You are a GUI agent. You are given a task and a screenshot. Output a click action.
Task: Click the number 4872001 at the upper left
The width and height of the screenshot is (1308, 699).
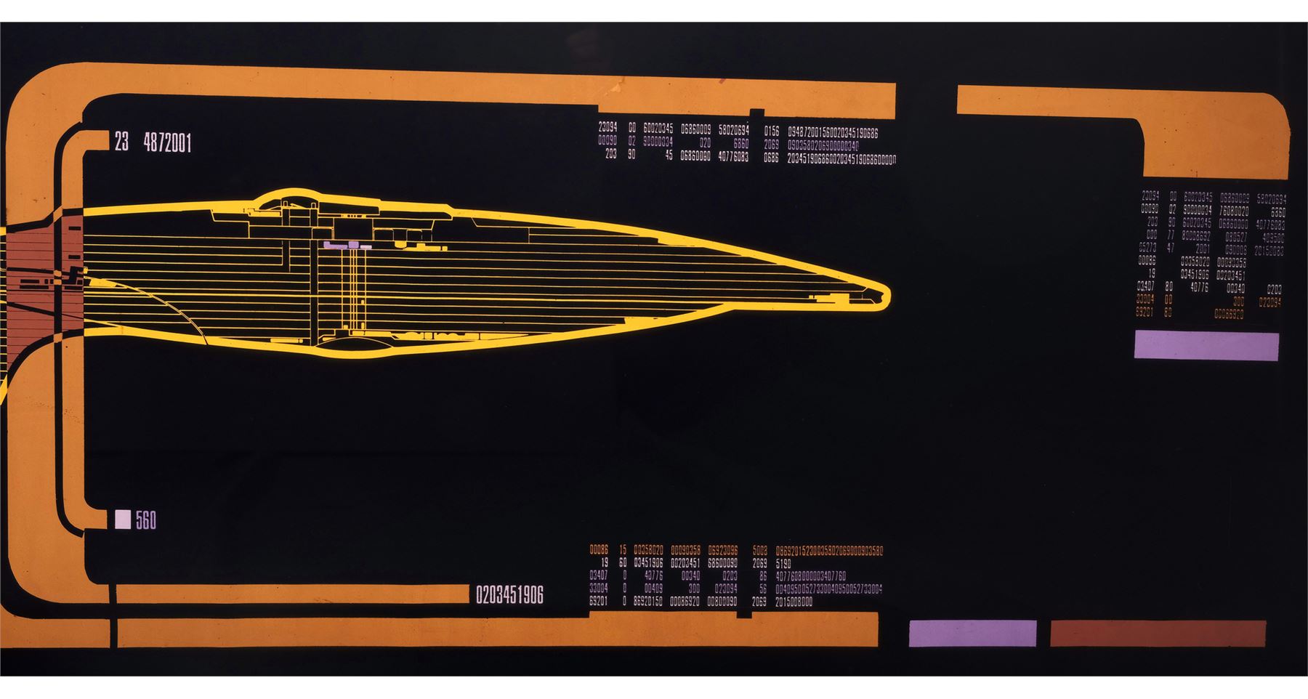click(x=167, y=142)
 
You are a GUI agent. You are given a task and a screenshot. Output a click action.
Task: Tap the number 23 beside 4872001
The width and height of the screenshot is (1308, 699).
click(x=121, y=142)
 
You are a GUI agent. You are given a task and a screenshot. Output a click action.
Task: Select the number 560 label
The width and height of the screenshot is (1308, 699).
click(x=145, y=520)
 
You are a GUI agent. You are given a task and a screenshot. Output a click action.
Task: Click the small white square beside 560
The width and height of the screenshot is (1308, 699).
click(x=123, y=520)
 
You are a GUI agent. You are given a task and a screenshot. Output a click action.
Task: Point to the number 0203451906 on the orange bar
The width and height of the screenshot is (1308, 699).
click(x=509, y=595)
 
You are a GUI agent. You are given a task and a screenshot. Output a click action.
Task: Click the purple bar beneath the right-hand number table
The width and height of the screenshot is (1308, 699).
click(x=1206, y=346)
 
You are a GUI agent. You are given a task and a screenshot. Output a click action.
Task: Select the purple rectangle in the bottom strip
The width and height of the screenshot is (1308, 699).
click(x=972, y=633)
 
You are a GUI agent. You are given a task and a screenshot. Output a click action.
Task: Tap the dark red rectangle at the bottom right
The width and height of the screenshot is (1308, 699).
click(x=1158, y=633)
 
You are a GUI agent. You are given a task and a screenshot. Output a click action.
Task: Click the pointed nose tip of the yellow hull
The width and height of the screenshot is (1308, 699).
click(x=885, y=295)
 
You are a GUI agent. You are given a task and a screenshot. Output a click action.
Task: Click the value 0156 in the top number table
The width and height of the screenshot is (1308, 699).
click(x=771, y=132)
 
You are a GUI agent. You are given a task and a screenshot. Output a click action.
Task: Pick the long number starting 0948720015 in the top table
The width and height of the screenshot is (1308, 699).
click(x=833, y=133)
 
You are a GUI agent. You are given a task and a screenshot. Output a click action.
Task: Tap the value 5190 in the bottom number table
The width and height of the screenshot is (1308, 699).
click(x=783, y=563)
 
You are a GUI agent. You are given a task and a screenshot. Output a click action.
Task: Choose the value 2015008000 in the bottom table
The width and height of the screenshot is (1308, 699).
click(x=794, y=602)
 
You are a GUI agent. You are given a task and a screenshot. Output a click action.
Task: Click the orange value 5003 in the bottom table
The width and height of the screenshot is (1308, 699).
click(x=759, y=551)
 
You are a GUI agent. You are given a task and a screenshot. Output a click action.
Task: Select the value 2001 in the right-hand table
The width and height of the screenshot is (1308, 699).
click(x=1203, y=249)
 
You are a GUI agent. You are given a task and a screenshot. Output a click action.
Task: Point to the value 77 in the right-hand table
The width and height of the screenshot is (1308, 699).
click(x=1170, y=235)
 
